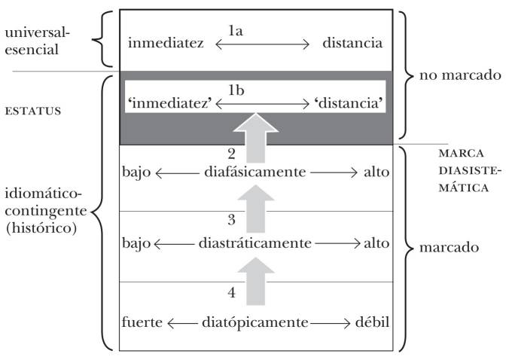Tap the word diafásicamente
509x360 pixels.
(x=254, y=172)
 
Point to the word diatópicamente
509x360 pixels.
(x=254, y=323)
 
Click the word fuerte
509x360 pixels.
(x=142, y=323)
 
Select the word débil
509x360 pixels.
(x=370, y=323)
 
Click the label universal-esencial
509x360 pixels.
(x=35, y=43)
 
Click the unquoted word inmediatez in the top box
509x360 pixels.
(x=166, y=43)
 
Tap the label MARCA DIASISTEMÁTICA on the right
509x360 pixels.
(x=465, y=170)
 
